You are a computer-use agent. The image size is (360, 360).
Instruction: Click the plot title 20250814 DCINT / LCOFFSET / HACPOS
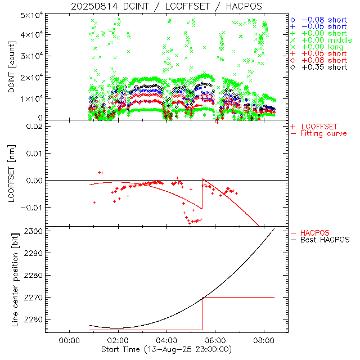click(x=166, y=6)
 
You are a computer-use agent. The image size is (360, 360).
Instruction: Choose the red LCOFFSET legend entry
click(x=318, y=126)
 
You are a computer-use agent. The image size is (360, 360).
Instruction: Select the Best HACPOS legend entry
click(x=325, y=240)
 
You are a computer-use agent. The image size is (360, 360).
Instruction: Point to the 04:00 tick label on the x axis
click(x=167, y=341)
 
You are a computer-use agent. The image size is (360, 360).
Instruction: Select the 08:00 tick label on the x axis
click(x=264, y=341)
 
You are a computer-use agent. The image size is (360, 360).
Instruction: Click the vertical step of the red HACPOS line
click(x=202, y=313)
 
